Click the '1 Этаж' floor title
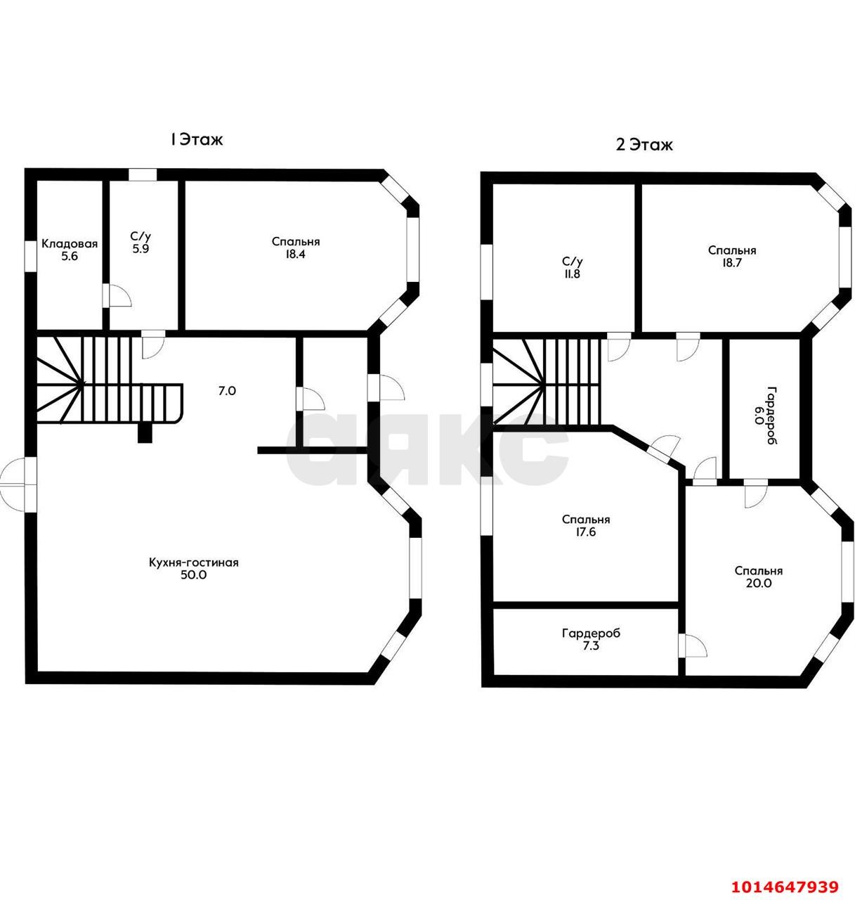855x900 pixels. click(196, 139)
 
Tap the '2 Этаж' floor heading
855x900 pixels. click(644, 145)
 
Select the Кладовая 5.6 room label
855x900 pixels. click(70, 250)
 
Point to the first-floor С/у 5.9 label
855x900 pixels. click(141, 243)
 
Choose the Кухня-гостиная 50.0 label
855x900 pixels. click(193, 568)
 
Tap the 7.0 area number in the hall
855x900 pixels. click(227, 391)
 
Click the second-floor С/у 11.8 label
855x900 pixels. click(573, 268)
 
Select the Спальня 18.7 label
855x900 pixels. click(732, 257)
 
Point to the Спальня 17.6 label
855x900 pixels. click(585, 525)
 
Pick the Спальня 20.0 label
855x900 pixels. click(759, 577)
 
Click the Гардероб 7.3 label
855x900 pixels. click(591, 640)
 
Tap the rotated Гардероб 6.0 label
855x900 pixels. click(766, 416)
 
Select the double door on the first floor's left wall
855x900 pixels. click(18, 484)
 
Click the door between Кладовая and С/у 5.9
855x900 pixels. click(117, 296)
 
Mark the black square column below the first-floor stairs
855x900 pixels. click(145, 433)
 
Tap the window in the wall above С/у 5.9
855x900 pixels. click(143, 175)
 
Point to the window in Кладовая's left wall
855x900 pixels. click(31, 256)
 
